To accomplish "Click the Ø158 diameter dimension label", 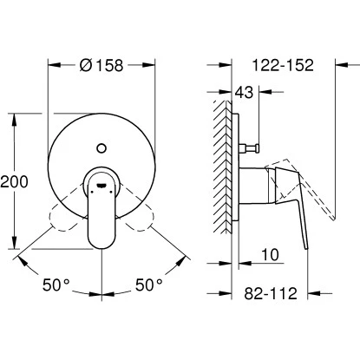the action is [x=101, y=66].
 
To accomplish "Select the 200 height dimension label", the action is [x=14, y=182].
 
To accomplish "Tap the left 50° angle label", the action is [x=56, y=285].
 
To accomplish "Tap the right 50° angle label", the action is [x=149, y=285].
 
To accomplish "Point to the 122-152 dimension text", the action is [x=283, y=65].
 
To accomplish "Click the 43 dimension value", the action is [x=244, y=92].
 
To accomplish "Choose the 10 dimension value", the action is [x=270, y=254].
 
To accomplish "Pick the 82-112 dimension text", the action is [x=271, y=293].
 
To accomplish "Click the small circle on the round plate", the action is [x=101, y=148].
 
